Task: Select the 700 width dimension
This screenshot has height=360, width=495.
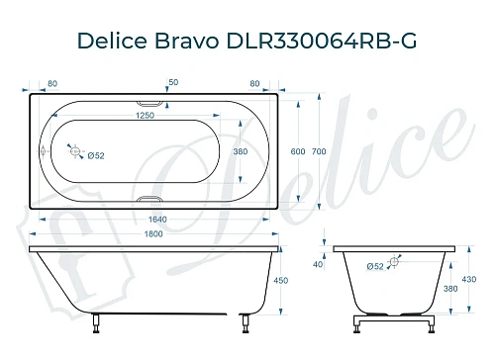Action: pos(318,150)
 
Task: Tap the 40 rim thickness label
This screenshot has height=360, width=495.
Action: pos(317,264)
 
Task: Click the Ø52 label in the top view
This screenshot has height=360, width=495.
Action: pos(96,155)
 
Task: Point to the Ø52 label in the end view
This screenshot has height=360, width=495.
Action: pos(375,265)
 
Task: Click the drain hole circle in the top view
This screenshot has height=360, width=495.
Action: pos(73,151)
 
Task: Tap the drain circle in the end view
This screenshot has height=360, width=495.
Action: pos(394,261)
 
